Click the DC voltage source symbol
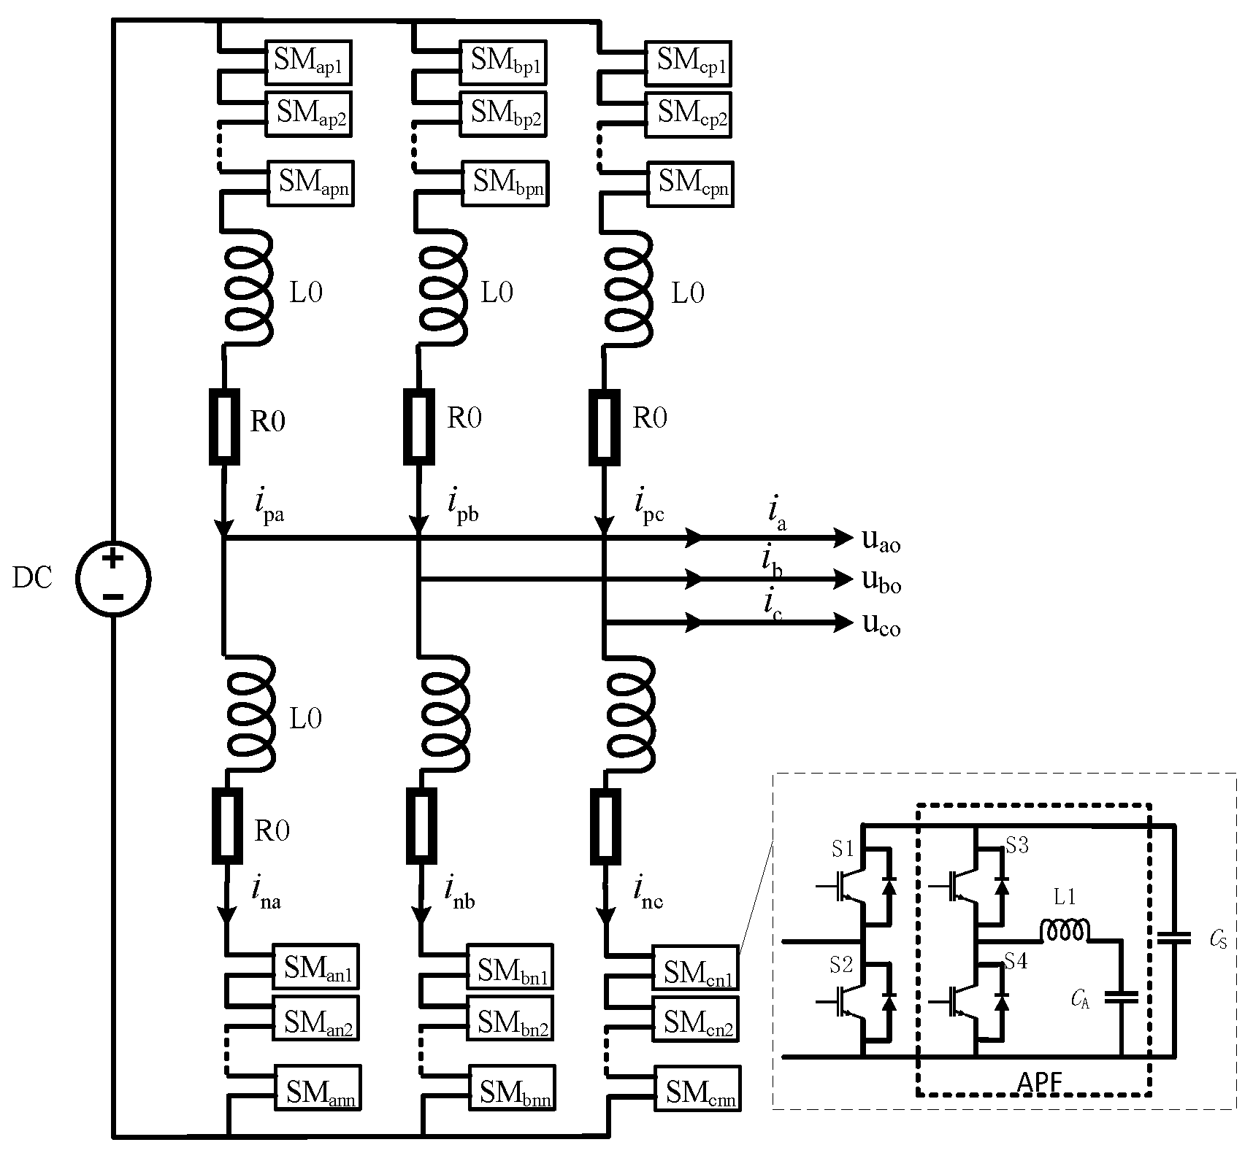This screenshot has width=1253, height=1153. pyautogui.click(x=113, y=579)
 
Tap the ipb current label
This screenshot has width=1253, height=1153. pyautogui.click(x=462, y=504)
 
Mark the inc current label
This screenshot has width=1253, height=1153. pyautogui.click(x=648, y=892)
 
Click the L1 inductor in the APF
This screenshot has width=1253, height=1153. pyautogui.click(x=1065, y=930)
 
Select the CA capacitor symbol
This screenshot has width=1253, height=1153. pyautogui.click(x=1121, y=998)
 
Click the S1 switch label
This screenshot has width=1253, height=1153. pyautogui.click(x=842, y=849)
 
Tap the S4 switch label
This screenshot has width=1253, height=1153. pyautogui.click(x=1016, y=962)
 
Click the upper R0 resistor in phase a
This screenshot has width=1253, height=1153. pyautogui.click(x=224, y=427)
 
